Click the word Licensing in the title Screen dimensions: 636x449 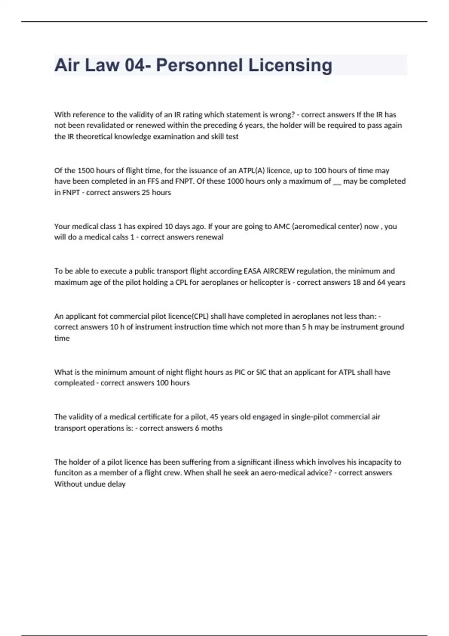290,65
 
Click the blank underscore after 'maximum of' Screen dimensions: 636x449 337,182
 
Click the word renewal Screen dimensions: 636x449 209,237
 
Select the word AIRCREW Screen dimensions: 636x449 279,271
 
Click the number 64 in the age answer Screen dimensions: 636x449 381,282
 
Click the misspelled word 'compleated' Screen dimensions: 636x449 74,383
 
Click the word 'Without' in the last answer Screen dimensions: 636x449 66,484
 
